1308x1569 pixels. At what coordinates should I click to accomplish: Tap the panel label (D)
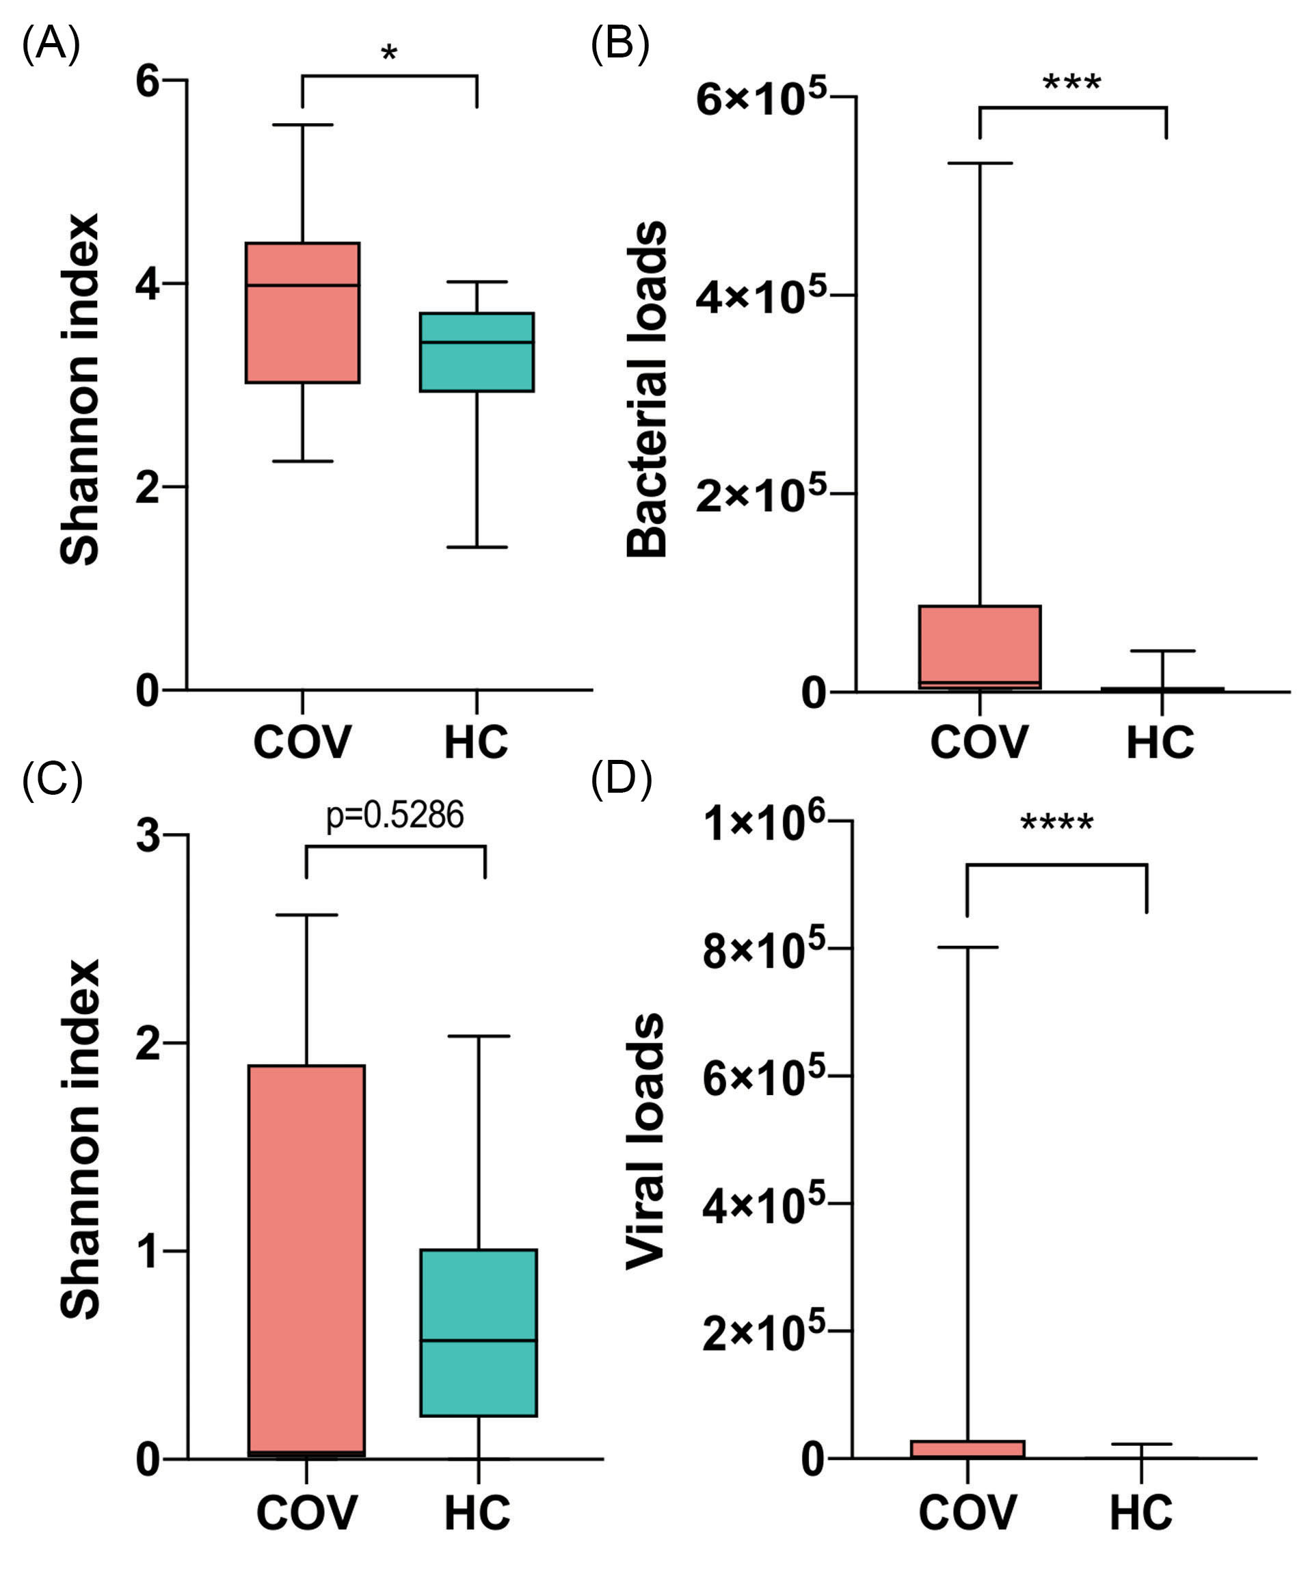point(621,778)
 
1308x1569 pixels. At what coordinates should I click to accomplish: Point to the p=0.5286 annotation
point(395,815)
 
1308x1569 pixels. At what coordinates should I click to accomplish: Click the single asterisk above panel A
point(388,55)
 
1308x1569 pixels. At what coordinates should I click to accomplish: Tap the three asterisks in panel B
point(1071,83)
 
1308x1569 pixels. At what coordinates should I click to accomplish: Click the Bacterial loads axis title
point(647,388)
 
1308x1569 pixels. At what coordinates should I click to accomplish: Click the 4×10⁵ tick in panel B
point(760,296)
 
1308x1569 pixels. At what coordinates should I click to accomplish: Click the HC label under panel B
point(1160,742)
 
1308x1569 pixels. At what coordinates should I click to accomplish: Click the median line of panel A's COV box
point(302,285)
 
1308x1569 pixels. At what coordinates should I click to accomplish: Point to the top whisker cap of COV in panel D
point(967,947)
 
